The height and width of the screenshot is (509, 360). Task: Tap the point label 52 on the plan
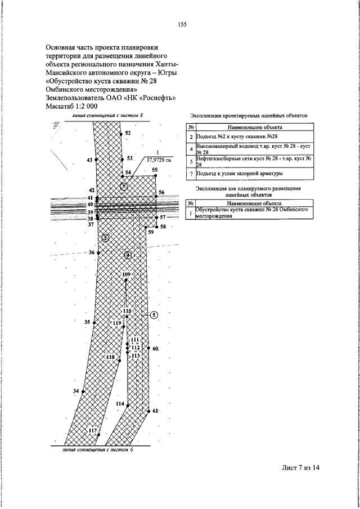click(x=128, y=133)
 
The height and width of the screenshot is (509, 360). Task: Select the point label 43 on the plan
click(x=89, y=160)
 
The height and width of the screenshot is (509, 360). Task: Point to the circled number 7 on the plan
click(x=124, y=187)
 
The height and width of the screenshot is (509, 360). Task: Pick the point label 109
click(x=126, y=274)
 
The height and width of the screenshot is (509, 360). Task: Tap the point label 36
click(x=91, y=253)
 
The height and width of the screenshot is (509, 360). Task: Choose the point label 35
click(x=87, y=322)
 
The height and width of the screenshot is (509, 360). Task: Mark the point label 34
click(x=76, y=391)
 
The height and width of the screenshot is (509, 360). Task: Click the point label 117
click(x=93, y=430)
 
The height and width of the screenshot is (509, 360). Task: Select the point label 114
click(x=119, y=404)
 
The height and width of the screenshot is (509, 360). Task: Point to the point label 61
click(x=156, y=411)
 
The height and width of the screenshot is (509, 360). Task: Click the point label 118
click(x=110, y=357)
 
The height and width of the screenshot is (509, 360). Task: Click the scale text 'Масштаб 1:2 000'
click(x=71, y=105)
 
